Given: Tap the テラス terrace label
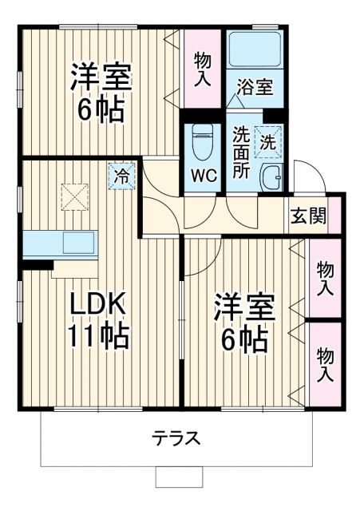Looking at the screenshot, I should pyautogui.click(x=176, y=438).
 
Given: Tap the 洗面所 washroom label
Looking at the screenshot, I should pyautogui.click(x=241, y=152).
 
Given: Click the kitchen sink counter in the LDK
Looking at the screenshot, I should pyautogui.click(x=60, y=243).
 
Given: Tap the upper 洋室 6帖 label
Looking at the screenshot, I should pyautogui.click(x=101, y=93).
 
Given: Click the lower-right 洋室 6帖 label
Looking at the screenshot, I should pyautogui.click(x=244, y=326).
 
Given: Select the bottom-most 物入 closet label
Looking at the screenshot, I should pyautogui.click(x=325, y=365).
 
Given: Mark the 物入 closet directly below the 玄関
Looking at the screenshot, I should pyautogui.click(x=325, y=278).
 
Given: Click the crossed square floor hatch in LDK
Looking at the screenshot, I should pyautogui.click(x=73, y=196).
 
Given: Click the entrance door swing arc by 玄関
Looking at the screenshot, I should pyautogui.click(x=304, y=175).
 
